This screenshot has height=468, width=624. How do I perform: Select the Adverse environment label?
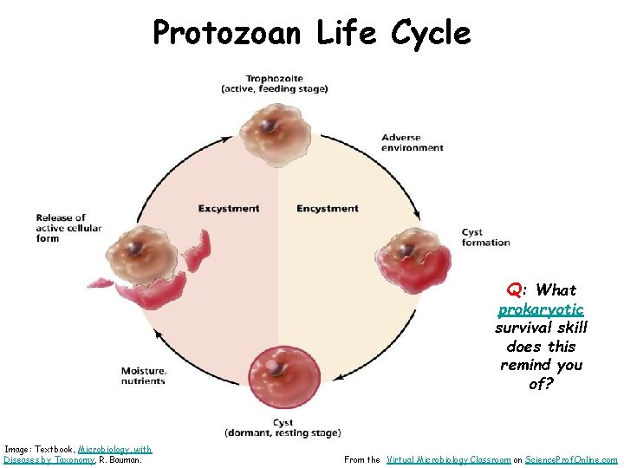tap(412, 142)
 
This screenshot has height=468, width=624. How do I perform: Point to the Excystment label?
tap(229, 208)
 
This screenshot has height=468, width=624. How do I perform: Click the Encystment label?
tap(327, 208)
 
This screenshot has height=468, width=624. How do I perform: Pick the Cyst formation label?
tap(485, 237)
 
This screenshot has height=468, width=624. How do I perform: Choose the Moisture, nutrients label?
tap(144, 375)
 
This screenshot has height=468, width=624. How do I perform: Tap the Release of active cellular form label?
tap(68, 228)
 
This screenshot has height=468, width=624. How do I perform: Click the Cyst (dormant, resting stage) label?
tap(283, 427)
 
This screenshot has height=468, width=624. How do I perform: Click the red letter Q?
tap(514, 290)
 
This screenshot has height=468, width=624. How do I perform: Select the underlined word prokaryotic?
tap(541, 309)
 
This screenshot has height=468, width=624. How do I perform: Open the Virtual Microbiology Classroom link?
tap(448, 459)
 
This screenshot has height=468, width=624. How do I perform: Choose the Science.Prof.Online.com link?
tap(572, 459)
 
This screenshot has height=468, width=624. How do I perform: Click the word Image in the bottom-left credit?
tap(18, 449)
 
